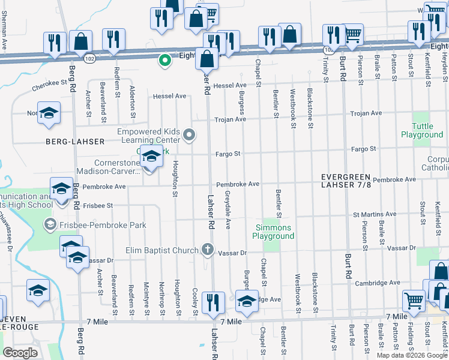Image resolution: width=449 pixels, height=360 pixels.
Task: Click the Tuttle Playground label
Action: pyautogui.click(x=422, y=130)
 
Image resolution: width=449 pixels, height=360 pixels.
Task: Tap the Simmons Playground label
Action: pyautogui.click(x=274, y=232)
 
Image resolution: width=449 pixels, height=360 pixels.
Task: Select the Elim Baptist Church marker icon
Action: pyautogui.click(x=208, y=250)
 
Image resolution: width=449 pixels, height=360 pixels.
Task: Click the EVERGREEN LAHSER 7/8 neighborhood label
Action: pyautogui.click(x=346, y=182)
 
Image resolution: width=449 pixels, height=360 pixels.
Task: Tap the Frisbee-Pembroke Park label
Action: pyautogui.click(x=88, y=225)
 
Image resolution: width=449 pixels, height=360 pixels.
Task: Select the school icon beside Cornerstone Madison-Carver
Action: pyautogui.click(x=151, y=157)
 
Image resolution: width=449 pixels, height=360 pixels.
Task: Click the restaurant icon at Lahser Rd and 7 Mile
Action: pyautogui.click(x=213, y=302)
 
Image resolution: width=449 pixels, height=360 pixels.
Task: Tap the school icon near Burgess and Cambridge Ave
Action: pyautogui.click(x=246, y=301)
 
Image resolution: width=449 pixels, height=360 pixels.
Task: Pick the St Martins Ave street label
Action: pyautogui.click(x=375, y=214)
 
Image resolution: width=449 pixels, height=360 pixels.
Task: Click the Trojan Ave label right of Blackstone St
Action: pyautogui.click(x=366, y=113)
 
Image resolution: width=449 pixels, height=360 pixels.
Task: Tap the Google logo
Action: pyautogui.click(x=20, y=353)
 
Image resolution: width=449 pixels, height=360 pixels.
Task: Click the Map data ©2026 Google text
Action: pyautogui.click(x=411, y=355)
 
